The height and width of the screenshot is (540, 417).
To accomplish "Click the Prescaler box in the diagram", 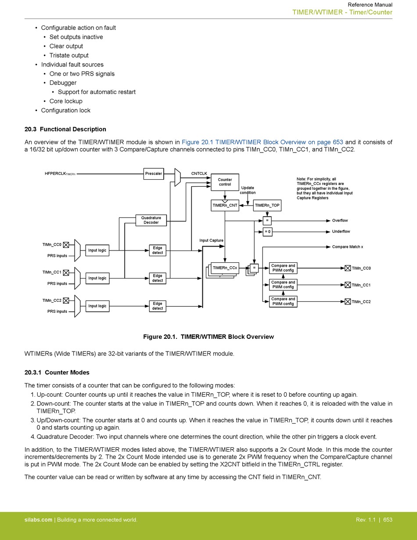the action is tap(154, 174).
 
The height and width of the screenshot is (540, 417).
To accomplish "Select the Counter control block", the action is tap(225, 182).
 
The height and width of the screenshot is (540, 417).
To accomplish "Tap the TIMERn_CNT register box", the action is tap(225, 206).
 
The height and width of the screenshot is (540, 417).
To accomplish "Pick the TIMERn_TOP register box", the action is tap(267, 206).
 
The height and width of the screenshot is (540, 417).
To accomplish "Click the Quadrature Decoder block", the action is tap(151, 220).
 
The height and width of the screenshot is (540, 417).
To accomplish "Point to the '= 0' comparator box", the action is tap(267, 232).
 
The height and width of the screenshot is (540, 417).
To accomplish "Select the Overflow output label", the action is tap(340, 221).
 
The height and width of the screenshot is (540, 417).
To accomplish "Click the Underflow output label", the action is tap(341, 232).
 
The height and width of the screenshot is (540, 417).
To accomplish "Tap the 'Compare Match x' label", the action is tap(348, 247).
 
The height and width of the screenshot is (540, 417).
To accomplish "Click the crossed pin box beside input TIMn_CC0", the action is tap(66, 245).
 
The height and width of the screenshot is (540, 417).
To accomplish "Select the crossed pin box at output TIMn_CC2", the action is tap(348, 302).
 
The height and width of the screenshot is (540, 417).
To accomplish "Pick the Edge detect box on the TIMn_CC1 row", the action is tap(158, 278).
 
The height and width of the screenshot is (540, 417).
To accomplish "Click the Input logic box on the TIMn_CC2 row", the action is tap(97, 306).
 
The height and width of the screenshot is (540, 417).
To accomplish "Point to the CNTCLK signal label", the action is tap(199, 174).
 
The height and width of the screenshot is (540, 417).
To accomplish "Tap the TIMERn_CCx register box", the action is tap(225, 268).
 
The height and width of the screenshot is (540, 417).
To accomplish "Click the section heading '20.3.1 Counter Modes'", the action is tap(57, 373).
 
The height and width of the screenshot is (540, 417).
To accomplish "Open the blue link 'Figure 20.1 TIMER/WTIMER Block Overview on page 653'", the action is tap(262, 142).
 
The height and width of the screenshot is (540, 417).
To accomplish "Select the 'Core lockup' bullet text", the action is tap(66, 101).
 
